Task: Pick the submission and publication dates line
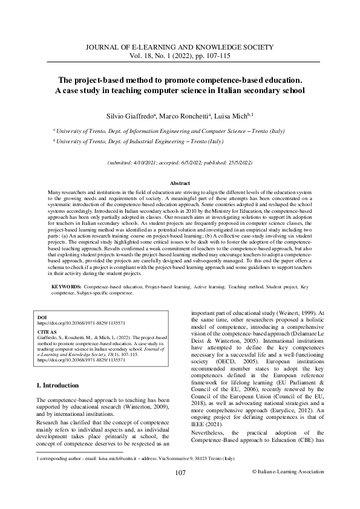point(180,163)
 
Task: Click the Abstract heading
point(180,183)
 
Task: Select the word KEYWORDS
point(67,284)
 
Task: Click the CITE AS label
point(47,332)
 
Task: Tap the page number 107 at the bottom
point(180,489)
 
